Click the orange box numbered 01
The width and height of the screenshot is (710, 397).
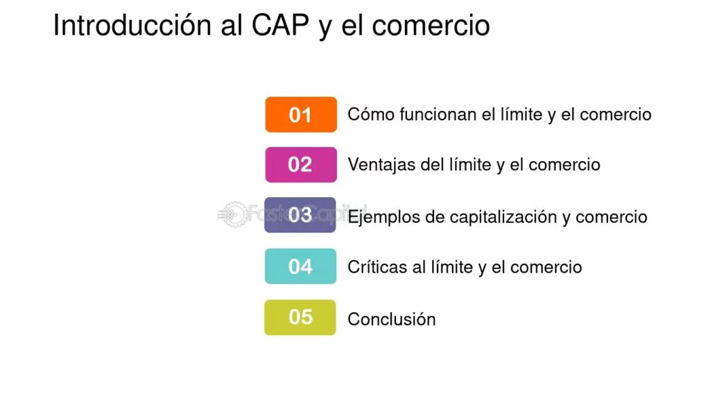pos(301,115)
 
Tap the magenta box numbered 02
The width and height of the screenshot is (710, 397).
pos(301,164)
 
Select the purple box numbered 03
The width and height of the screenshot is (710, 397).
pos(300,215)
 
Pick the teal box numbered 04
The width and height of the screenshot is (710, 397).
pos(301,266)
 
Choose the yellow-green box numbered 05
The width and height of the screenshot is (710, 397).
pos(300,317)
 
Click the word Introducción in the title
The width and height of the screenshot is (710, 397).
pos(132,25)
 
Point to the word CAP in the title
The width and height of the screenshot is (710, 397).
pos(280,25)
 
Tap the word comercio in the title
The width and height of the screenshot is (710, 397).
pos(431,26)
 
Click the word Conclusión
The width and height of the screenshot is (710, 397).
pos(392,319)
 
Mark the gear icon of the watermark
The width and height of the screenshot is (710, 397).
pos(234,214)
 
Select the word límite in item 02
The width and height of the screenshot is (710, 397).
pos(470,164)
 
